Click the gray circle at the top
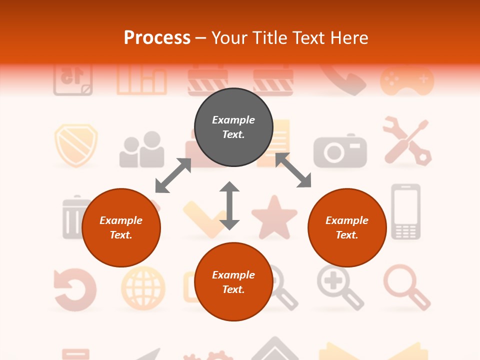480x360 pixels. pos(233,127)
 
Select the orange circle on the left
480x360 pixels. pos(121,227)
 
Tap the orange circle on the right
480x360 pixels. pos(347,227)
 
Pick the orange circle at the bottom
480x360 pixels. pos(233,282)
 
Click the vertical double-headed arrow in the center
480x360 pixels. pos(229,205)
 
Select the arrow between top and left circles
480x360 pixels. pos(173,175)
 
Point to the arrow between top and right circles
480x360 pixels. pos(293,170)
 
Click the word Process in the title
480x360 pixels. pos(157,38)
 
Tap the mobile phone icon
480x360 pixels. pos(405,211)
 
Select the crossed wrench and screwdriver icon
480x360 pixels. pos(407,141)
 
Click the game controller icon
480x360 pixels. pos(407,80)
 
